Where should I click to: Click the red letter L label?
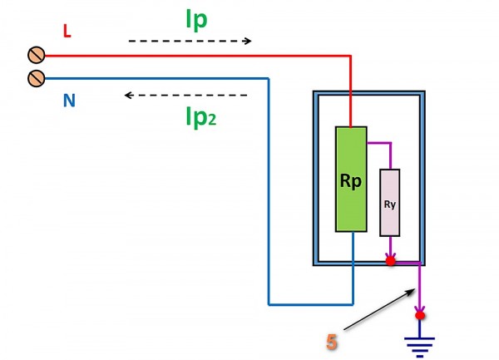click(x=67, y=31)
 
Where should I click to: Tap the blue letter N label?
click(x=69, y=100)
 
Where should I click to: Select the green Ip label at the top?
click(x=196, y=20)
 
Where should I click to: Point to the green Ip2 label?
click(x=200, y=117)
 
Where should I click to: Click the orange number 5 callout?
click(x=332, y=342)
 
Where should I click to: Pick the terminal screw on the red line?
click(x=37, y=56)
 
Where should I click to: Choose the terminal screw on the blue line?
click(x=37, y=78)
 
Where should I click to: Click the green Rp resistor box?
click(x=351, y=179)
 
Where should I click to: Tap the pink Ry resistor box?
click(x=390, y=203)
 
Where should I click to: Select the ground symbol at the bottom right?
click(x=419, y=347)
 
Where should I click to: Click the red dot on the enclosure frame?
click(x=391, y=261)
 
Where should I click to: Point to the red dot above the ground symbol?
click(x=420, y=315)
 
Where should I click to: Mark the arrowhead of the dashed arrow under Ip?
click(x=248, y=41)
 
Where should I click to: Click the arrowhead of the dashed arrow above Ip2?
click(x=129, y=95)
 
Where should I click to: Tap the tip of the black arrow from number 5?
click(x=415, y=289)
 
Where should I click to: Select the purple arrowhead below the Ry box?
click(x=391, y=255)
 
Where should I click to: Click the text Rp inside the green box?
click(x=351, y=181)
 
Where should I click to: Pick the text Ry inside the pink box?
click(x=390, y=205)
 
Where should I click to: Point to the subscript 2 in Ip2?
click(x=212, y=120)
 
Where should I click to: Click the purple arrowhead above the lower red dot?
click(x=420, y=309)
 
